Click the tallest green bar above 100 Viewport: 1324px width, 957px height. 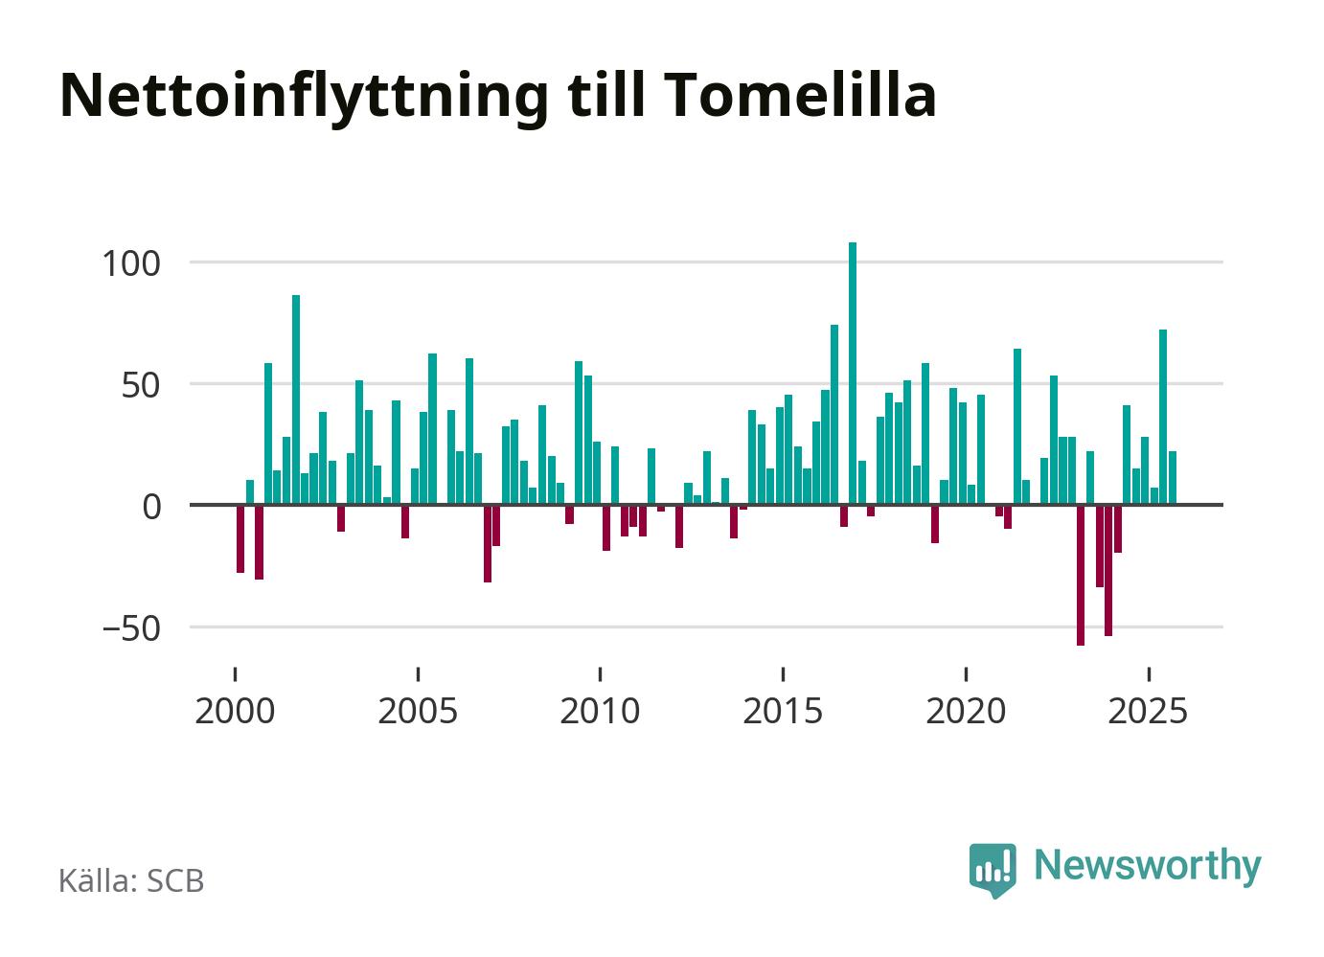[x=853, y=374]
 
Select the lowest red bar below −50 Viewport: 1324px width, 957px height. [x=1081, y=575]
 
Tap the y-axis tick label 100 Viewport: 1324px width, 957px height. [x=132, y=262]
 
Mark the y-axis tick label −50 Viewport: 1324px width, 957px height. [x=132, y=629]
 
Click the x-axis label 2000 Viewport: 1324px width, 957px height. [x=235, y=712]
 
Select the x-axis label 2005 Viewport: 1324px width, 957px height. [x=418, y=712]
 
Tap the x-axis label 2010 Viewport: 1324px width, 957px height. [x=600, y=712]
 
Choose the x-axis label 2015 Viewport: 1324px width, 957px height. [x=783, y=712]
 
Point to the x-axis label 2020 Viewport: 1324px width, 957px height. [x=966, y=712]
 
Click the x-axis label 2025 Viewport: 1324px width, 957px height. [x=1148, y=712]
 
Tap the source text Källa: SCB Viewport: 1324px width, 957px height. [x=132, y=880]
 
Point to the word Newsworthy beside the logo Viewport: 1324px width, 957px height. [x=1148, y=865]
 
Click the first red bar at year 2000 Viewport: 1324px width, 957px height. [x=240, y=538]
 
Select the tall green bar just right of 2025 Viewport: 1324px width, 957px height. [x=1163, y=417]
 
